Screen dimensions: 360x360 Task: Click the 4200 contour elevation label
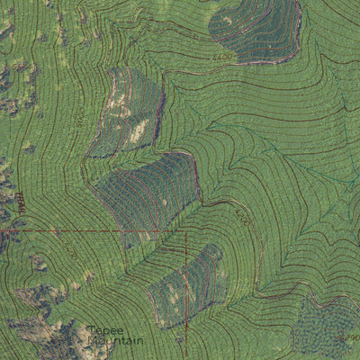(241, 216)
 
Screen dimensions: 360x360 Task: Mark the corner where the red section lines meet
(185, 231)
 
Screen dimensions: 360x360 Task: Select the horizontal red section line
(90, 231)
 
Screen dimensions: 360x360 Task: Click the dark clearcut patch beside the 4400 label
(256, 29)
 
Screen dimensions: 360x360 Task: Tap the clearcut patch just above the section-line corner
(148, 191)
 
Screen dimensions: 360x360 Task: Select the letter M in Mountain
(90, 341)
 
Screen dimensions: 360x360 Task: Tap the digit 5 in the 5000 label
(77, 108)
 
